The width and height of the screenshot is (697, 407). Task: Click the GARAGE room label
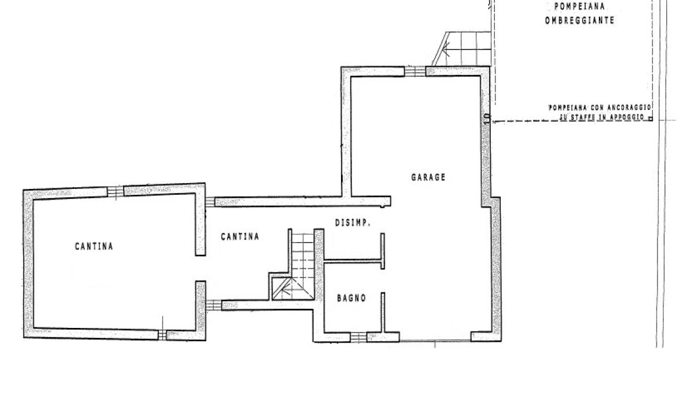tap(428, 177)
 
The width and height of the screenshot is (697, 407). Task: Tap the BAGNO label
tap(351, 298)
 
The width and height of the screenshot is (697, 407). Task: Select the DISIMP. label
tap(353, 223)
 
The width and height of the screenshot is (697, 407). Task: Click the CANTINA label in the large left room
tap(94, 247)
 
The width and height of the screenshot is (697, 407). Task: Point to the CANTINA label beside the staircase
tap(240, 237)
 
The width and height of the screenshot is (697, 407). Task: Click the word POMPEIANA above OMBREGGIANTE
tap(580, 6)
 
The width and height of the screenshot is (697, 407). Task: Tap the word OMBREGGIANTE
tap(580, 20)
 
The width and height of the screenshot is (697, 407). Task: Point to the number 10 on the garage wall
tap(487, 119)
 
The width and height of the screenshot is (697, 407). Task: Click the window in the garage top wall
tap(415, 72)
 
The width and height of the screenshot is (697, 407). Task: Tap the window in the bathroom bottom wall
tap(358, 337)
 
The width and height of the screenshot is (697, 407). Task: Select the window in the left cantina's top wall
tap(116, 191)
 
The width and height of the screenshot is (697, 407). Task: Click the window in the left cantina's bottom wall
tap(162, 335)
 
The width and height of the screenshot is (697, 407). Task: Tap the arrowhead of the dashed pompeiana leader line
tap(495, 122)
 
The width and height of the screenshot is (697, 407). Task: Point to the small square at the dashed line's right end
tap(651, 119)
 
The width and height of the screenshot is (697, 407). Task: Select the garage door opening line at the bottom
tap(435, 341)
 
